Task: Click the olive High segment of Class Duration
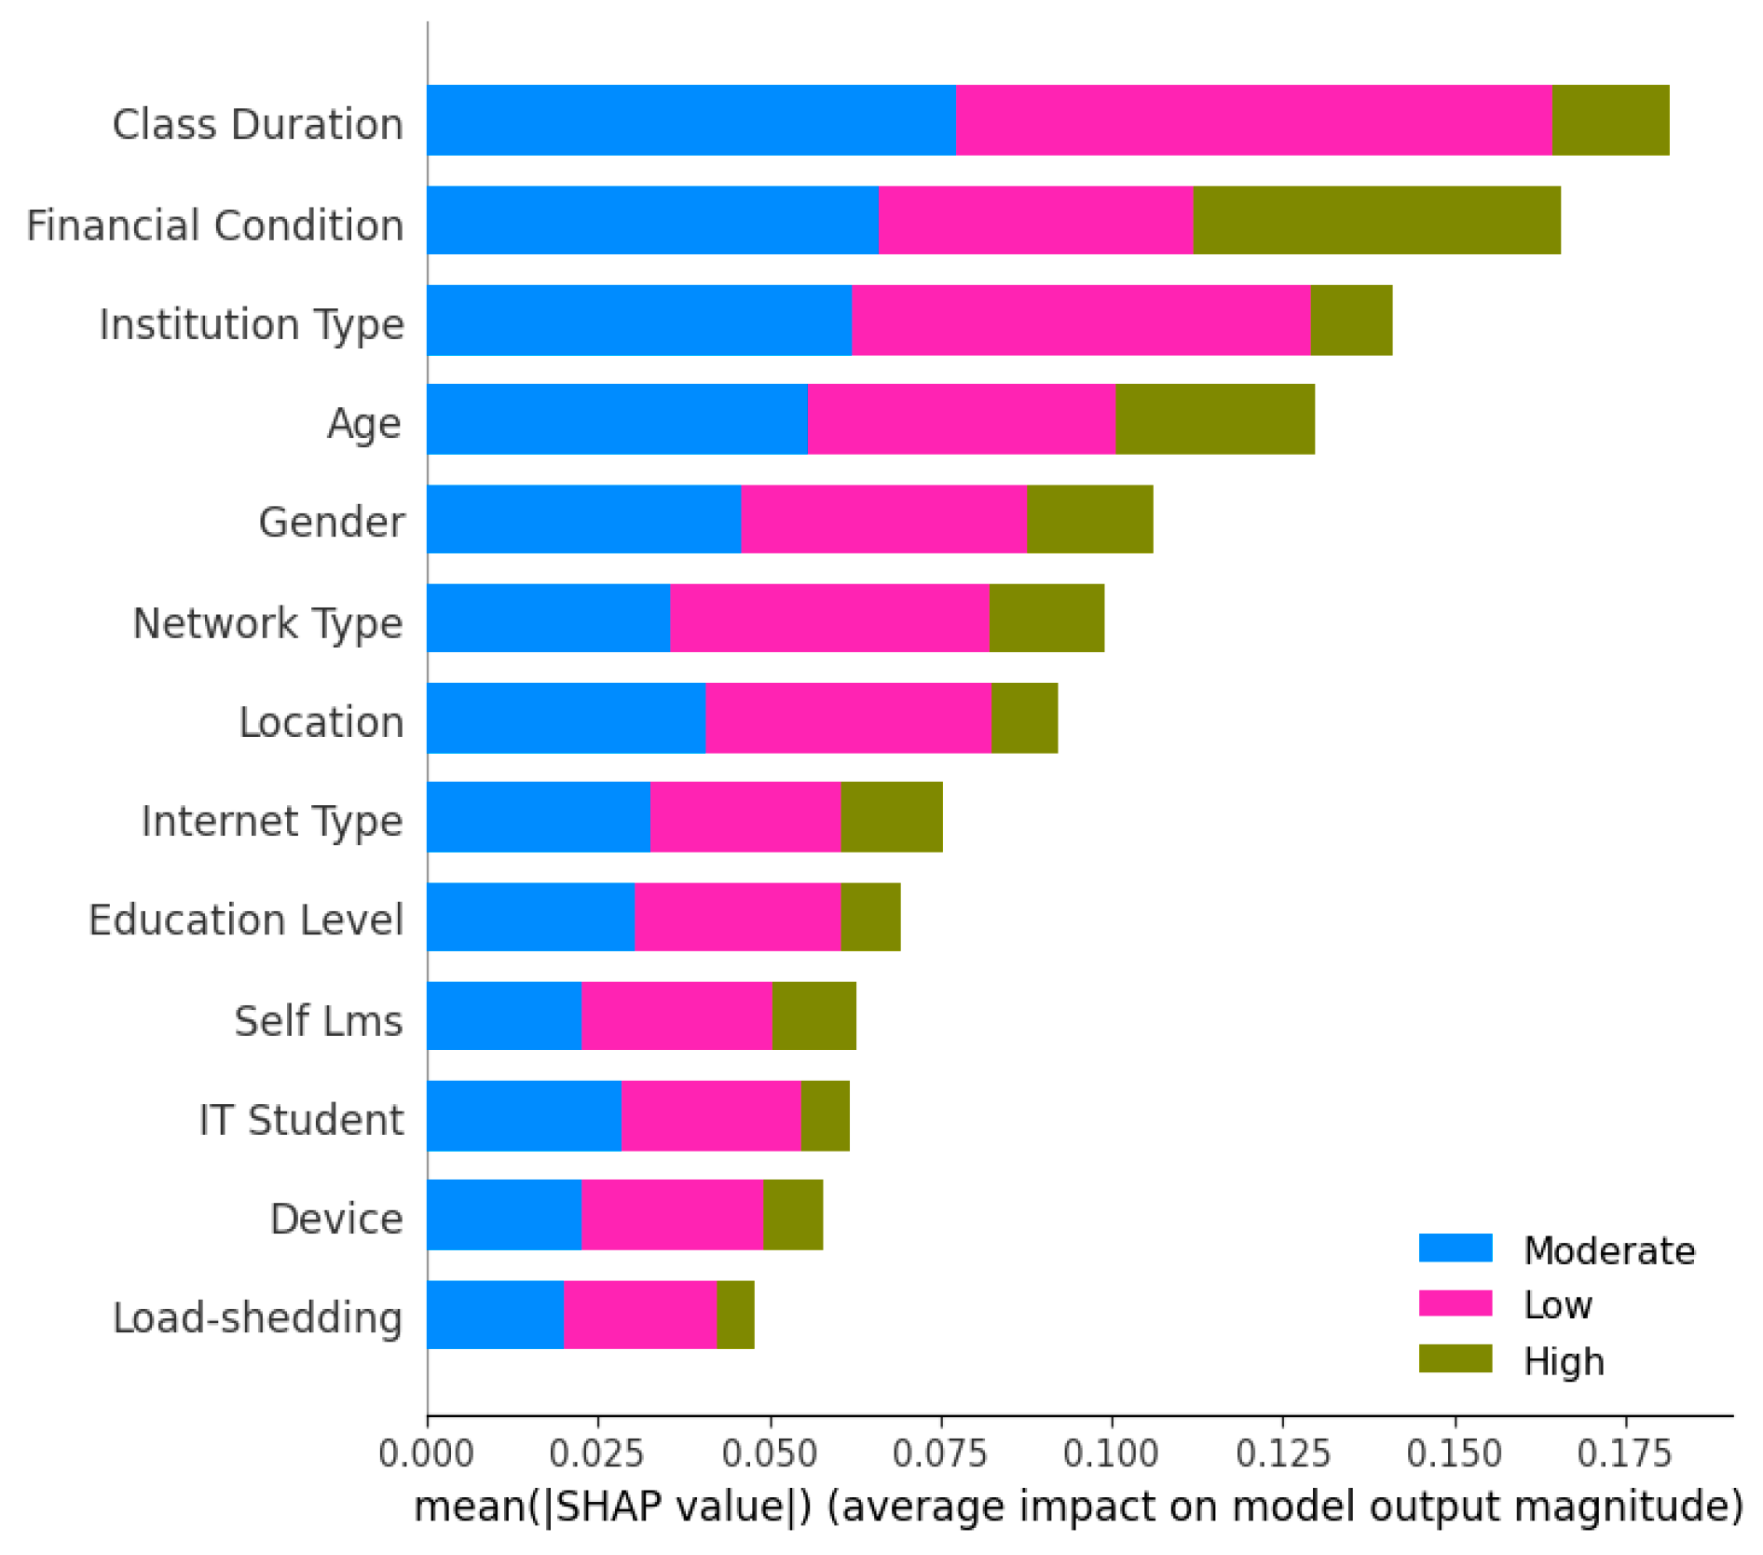tap(1609, 120)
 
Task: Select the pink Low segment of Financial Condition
tap(1035, 220)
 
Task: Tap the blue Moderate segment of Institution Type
tap(639, 321)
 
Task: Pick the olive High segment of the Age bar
tap(1214, 419)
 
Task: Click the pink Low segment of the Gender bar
tap(883, 519)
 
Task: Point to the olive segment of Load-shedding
tap(735, 1315)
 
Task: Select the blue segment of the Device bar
tap(504, 1215)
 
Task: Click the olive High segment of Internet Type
tap(891, 817)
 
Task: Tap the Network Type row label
tap(267, 622)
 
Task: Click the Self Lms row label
tap(318, 1020)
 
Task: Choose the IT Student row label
tap(301, 1119)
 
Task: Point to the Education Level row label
tap(246, 920)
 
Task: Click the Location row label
tap(321, 722)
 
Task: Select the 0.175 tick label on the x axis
tap(1625, 1453)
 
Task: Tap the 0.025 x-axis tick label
tap(597, 1453)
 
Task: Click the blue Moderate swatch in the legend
tap(1455, 1248)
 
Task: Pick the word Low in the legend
tap(1557, 1304)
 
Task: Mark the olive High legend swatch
tap(1455, 1358)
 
